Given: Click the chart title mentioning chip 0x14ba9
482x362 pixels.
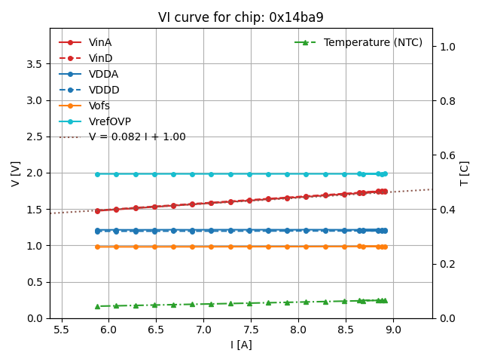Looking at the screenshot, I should [241, 17].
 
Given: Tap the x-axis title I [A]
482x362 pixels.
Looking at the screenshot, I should [241, 345].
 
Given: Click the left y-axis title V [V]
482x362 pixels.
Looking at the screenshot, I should [16, 173].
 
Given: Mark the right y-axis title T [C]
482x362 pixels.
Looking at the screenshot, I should [465, 173].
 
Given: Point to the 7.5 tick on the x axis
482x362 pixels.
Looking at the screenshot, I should [251, 330].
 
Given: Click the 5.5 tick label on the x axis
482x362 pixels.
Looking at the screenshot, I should [61, 330].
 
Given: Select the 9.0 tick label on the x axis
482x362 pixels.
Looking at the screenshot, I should [393, 330].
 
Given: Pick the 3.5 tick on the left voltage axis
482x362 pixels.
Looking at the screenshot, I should [32, 64].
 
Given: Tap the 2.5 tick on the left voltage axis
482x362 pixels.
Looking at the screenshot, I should [32, 137].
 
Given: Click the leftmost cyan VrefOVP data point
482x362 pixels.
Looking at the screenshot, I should [97, 174].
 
